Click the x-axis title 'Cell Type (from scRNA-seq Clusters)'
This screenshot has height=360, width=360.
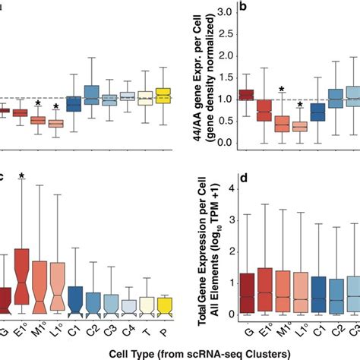pos(179,352)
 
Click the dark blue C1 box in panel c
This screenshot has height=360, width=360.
pos(74,298)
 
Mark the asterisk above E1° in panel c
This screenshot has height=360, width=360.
pos(21,176)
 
